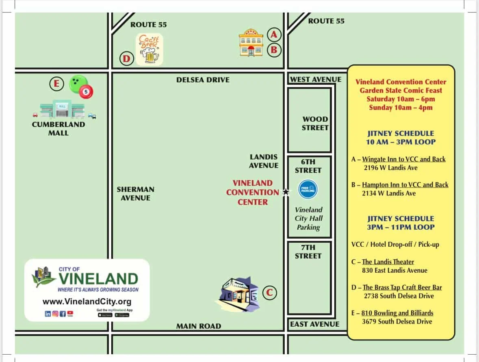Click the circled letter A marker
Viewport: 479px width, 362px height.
click(274, 35)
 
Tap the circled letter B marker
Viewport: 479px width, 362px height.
click(274, 50)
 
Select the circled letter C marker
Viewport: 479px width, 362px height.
click(269, 292)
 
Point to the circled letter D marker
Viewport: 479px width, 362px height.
click(127, 59)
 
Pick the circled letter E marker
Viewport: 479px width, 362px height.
click(57, 84)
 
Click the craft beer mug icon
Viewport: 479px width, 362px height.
click(149, 49)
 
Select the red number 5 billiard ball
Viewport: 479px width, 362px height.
click(86, 92)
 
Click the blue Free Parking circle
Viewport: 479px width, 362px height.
click(308, 190)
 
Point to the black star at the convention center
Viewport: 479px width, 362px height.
click(286, 192)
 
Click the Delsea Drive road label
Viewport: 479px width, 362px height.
click(203, 80)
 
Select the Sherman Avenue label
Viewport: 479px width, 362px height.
click(135, 194)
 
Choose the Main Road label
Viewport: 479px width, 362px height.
click(199, 326)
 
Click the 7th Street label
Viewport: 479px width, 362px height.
click(308, 252)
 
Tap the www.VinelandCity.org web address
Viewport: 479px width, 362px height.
click(87, 302)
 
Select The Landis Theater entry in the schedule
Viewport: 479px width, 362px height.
click(388, 262)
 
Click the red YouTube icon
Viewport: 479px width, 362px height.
click(70, 313)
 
